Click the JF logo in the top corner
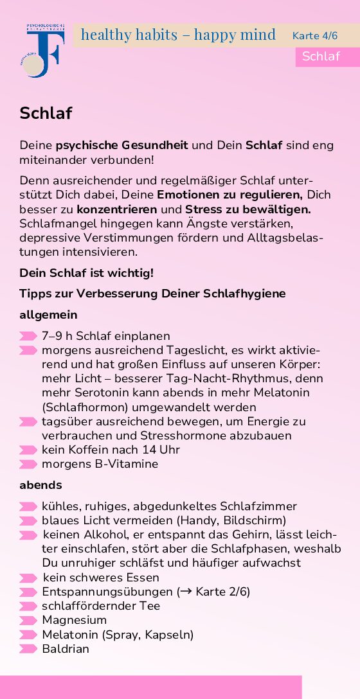pos(43,51)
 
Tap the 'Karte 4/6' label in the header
pos(314,35)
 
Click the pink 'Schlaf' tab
pos(321,56)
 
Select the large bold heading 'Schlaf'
pos(46,114)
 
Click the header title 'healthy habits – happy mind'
pos(178,34)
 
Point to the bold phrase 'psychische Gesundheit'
pos(122,145)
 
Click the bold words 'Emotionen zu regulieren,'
pos(230,195)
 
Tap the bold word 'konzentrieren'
pos(116,209)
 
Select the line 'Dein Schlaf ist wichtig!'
pos(87,272)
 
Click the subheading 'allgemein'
pos(48,315)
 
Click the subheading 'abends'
pos(40,485)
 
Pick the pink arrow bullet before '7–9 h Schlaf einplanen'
pos(28,336)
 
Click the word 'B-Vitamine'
pos(127,464)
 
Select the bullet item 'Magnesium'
pos(74,620)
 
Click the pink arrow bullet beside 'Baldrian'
pos(28,649)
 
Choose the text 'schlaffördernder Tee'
pos(101,606)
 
